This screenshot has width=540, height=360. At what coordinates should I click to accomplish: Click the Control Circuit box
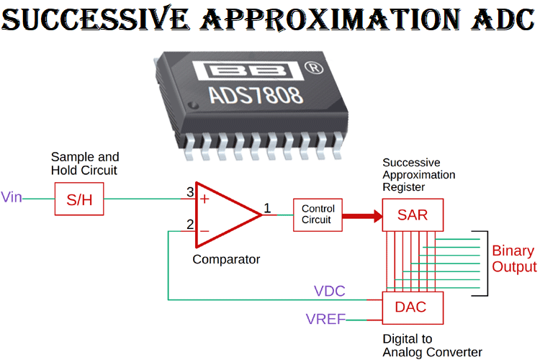(318, 214)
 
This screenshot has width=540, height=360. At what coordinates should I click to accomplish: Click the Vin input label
(12, 197)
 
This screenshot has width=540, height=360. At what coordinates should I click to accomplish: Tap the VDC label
(330, 292)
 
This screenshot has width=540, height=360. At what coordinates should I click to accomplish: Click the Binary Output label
(513, 259)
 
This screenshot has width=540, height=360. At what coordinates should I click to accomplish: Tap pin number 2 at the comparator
(190, 225)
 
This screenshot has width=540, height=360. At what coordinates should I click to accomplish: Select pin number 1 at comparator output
(267, 208)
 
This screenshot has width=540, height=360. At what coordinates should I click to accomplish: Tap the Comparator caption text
(226, 259)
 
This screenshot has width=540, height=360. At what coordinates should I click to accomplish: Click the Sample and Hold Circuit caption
(85, 163)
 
